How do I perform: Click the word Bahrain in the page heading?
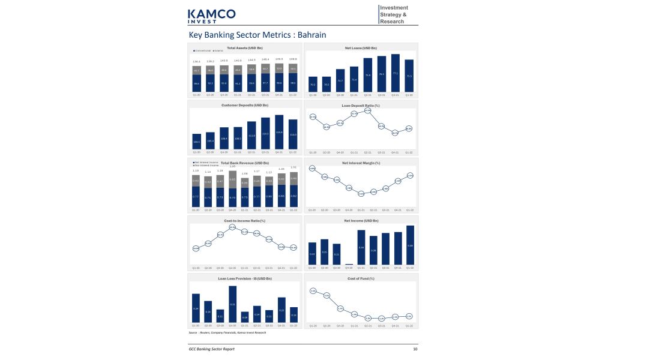[x=311, y=35]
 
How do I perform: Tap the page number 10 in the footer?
[x=415, y=349]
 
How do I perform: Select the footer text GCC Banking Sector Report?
[x=211, y=349]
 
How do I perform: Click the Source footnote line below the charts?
[x=227, y=332]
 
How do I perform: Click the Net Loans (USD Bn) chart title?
[x=361, y=47]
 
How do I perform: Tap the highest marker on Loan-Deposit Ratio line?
[x=367, y=110]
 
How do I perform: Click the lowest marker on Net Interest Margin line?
[x=361, y=193]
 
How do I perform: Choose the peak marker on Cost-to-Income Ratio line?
[x=232, y=227]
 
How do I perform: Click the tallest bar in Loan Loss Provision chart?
[x=232, y=304]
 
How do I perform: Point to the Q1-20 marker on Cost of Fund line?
[x=313, y=290]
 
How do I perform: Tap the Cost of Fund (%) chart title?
[x=361, y=278]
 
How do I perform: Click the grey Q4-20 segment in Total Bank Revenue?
[x=232, y=179]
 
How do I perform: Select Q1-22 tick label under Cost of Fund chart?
[x=409, y=326]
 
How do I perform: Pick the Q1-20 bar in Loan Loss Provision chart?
[x=196, y=308]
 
